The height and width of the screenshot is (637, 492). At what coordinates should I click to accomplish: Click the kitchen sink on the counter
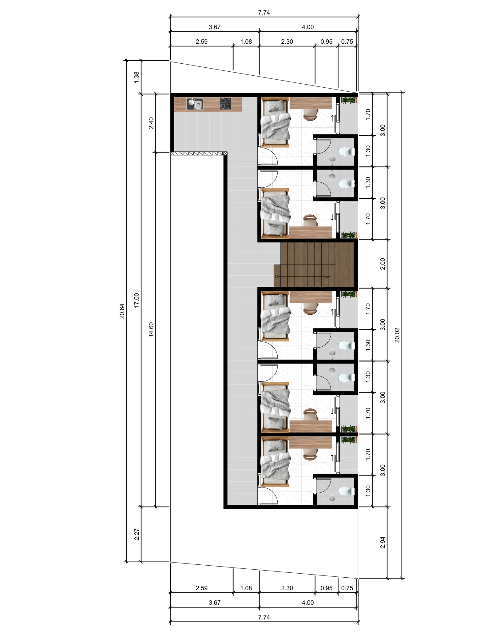pyautogui.click(x=195, y=104)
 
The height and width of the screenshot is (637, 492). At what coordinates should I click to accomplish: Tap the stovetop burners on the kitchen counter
pyautogui.click(x=225, y=104)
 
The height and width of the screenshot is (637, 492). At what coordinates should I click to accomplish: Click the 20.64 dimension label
pyautogui.click(x=122, y=311)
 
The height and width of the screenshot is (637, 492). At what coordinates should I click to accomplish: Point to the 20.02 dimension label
pyautogui.click(x=397, y=335)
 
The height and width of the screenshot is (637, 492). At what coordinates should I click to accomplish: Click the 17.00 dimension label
pyautogui.click(x=137, y=300)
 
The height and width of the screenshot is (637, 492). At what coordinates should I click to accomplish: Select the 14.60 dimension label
pyautogui.click(x=151, y=329)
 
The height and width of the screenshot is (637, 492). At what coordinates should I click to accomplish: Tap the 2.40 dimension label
pyautogui.click(x=151, y=123)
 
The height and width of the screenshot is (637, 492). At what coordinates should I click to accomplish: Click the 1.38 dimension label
pyautogui.click(x=137, y=77)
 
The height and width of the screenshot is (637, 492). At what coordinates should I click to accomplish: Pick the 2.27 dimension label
pyautogui.click(x=137, y=535)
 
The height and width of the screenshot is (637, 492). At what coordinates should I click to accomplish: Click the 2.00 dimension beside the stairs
pyautogui.click(x=383, y=264)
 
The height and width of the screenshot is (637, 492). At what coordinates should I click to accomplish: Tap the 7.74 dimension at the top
pyautogui.click(x=264, y=12)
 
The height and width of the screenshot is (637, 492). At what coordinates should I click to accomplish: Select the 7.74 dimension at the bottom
pyautogui.click(x=264, y=617)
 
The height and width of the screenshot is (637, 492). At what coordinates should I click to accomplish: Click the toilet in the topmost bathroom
pyautogui.click(x=346, y=152)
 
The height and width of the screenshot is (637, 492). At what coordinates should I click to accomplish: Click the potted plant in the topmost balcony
pyautogui.click(x=349, y=100)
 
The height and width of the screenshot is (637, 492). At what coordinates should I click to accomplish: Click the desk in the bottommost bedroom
pyautogui.click(x=311, y=443)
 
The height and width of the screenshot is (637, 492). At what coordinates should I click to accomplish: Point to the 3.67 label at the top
pyautogui.click(x=215, y=27)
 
